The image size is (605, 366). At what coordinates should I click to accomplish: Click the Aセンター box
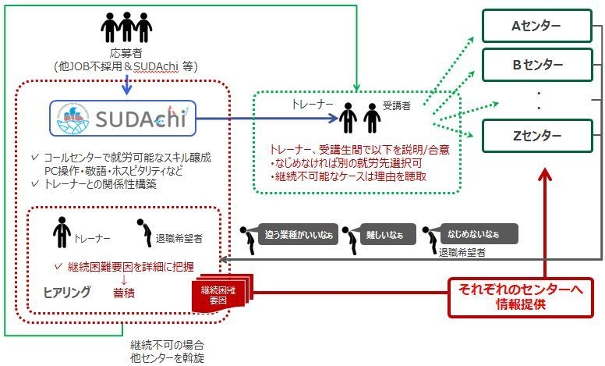(x=535, y=26)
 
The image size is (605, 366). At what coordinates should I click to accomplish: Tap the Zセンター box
(x=535, y=135)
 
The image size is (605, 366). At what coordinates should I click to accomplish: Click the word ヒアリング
(x=66, y=291)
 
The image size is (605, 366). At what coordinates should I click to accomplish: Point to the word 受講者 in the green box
(x=397, y=105)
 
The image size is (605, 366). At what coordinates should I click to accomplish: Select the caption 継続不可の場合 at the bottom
(x=161, y=343)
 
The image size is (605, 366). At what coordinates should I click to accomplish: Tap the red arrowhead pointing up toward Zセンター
(x=546, y=173)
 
